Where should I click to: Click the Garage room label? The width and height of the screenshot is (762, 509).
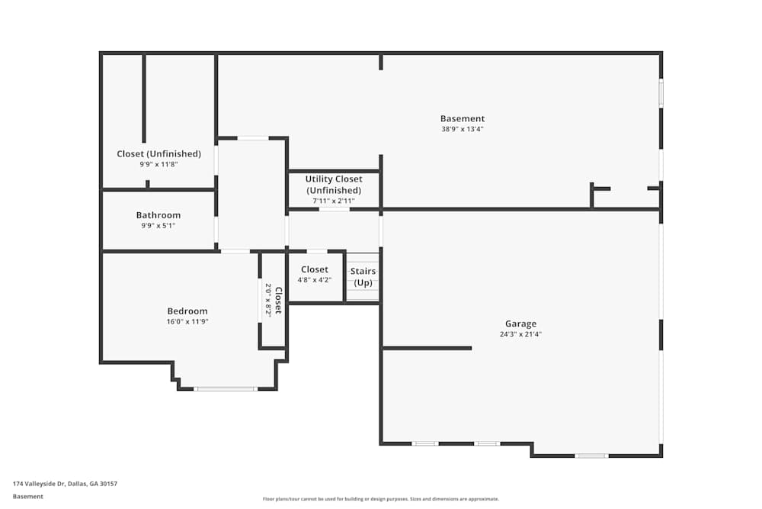[520, 324]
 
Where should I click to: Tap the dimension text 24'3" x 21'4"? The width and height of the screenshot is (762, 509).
[520, 333]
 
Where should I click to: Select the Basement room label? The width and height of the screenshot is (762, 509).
[463, 118]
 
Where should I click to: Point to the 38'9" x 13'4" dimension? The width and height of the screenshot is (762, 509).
[463, 129]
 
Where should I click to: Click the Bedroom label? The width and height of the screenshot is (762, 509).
[187, 311]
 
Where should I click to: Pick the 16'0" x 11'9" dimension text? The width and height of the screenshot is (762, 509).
[187, 321]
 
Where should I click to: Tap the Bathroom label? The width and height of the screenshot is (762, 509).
[158, 215]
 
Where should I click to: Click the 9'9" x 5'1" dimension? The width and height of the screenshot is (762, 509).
[158, 225]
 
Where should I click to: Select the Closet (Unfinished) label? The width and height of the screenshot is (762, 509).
[158, 153]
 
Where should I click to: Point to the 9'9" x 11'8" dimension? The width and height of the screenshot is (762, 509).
[158, 164]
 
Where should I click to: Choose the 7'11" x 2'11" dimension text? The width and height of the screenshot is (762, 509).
[334, 201]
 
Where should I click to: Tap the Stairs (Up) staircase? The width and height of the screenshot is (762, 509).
[363, 277]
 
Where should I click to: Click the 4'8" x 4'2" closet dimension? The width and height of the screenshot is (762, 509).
[315, 280]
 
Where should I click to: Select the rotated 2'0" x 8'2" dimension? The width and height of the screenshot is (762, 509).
[268, 300]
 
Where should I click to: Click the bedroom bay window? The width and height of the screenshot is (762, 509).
[225, 388]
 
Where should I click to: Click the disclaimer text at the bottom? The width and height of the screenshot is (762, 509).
[381, 499]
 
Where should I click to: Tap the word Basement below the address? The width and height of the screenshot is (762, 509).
[28, 496]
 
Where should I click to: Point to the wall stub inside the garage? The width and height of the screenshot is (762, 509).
[427, 348]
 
